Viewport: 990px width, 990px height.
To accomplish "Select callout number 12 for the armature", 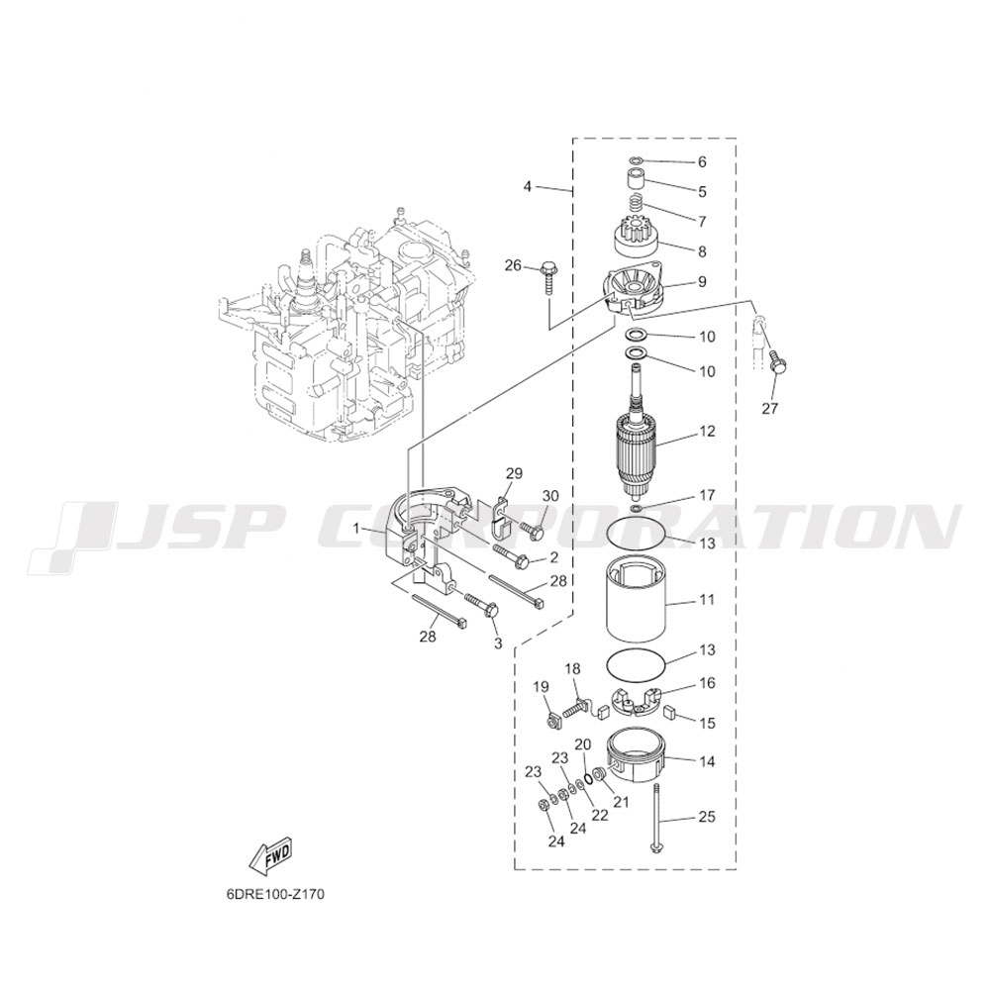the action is click(x=707, y=432).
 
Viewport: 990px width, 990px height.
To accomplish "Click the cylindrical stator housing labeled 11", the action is click(x=637, y=601).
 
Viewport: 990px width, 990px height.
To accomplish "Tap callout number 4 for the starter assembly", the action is click(x=528, y=186).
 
